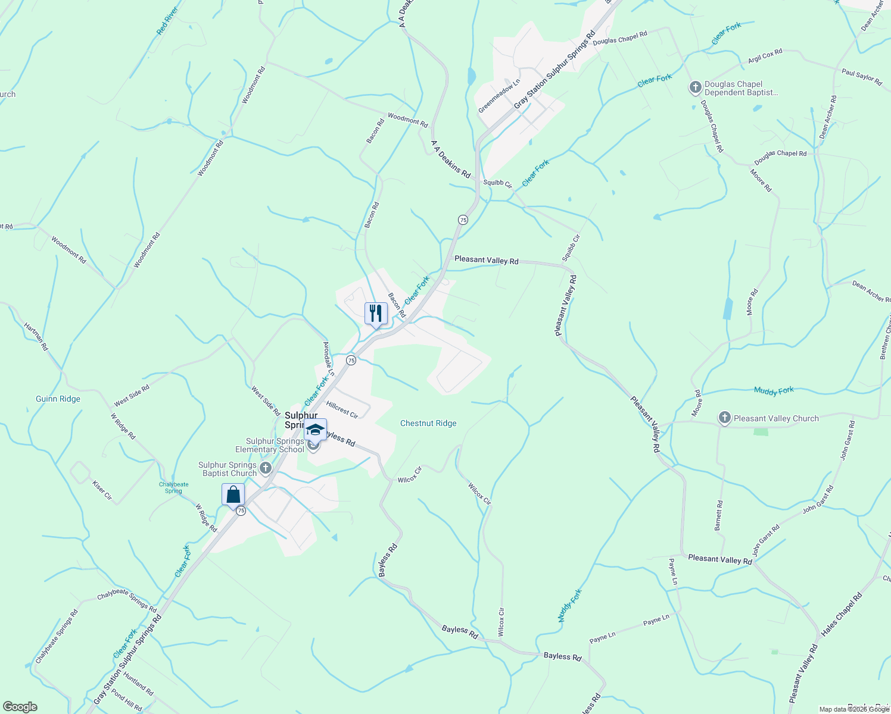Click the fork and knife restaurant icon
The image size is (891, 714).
pyautogui.click(x=376, y=313)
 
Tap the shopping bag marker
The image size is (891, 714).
pyautogui.click(x=233, y=494)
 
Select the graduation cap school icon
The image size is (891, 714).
pyautogui.click(x=315, y=430)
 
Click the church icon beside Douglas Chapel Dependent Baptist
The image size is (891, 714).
pyautogui.click(x=695, y=88)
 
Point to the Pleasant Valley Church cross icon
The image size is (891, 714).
pyautogui.click(x=724, y=418)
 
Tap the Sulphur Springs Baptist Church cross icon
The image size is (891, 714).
pyautogui.click(x=266, y=466)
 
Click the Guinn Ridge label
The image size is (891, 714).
pyautogui.click(x=58, y=399)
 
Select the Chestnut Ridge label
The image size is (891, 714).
pyautogui.click(x=428, y=424)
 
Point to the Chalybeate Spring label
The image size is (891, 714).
pyautogui.click(x=173, y=487)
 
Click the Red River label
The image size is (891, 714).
pyautogui.click(x=167, y=21)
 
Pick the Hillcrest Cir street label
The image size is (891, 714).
pyautogui.click(x=342, y=409)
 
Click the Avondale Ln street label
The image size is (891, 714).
pyautogui.click(x=328, y=358)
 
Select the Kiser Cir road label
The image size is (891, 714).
pyautogui.click(x=102, y=490)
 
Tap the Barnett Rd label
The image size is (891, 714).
pyautogui.click(x=719, y=515)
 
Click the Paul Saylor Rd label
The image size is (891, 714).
pyautogui.click(x=862, y=77)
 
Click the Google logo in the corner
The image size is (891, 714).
pyautogui.click(x=20, y=707)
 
